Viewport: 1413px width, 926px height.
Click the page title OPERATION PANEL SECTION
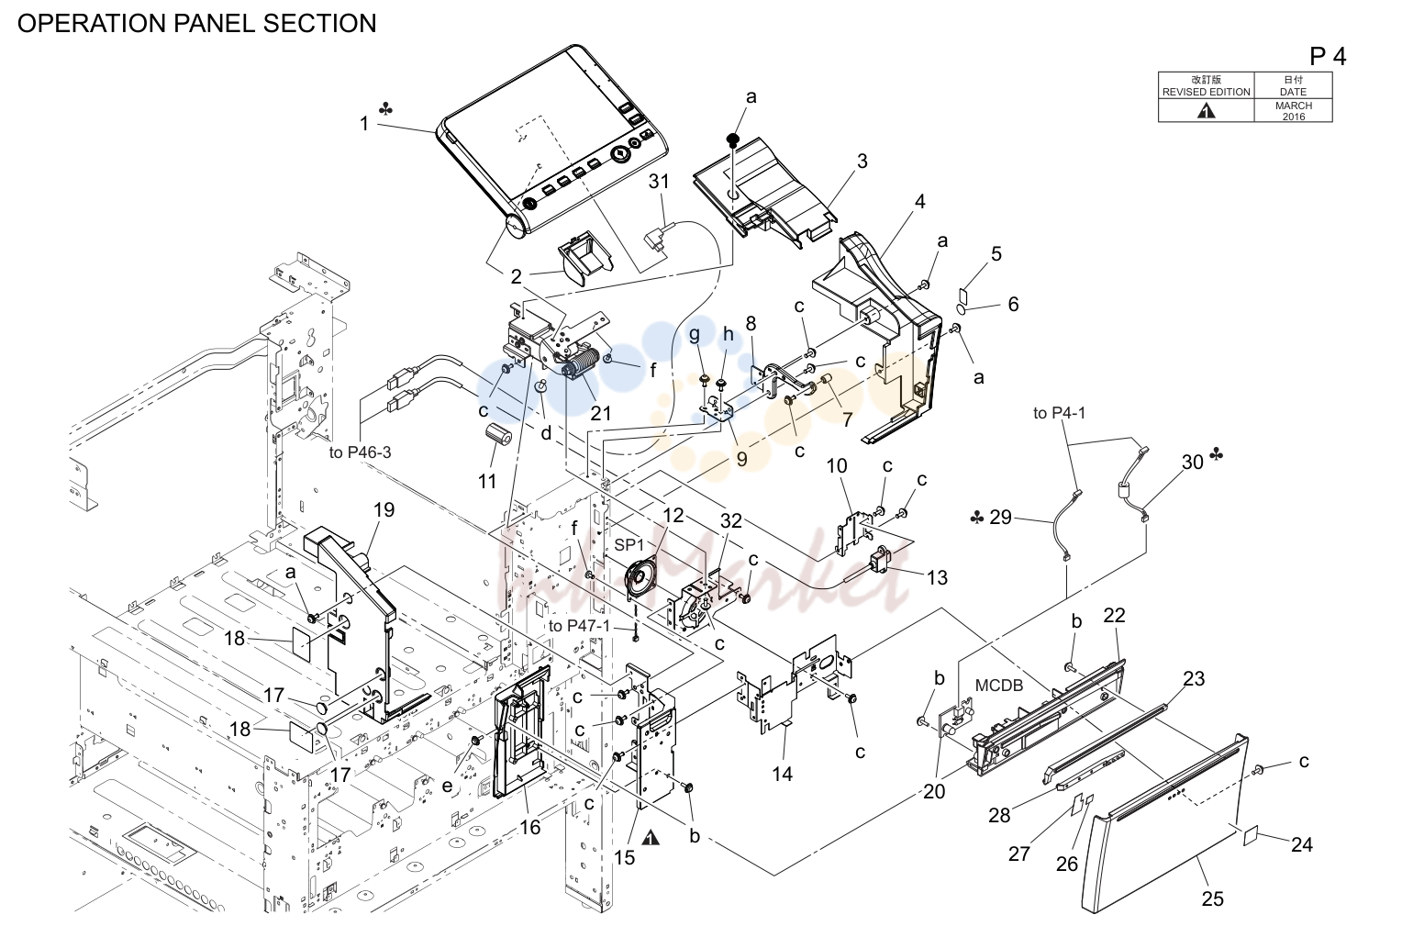(x=196, y=23)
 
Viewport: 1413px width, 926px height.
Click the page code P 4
(x=1328, y=58)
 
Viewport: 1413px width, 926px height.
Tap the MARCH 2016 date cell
(x=1293, y=110)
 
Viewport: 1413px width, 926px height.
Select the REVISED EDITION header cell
(x=1206, y=85)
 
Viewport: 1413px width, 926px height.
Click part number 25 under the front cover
(x=1212, y=898)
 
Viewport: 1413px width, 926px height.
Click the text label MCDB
(x=999, y=685)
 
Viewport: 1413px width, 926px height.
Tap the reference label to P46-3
(x=361, y=452)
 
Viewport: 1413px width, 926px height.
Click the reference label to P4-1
(x=1059, y=413)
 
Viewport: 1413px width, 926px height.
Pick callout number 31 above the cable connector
(x=659, y=181)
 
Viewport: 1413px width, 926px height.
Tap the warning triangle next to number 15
(x=651, y=838)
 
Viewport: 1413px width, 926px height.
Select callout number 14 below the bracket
(x=782, y=774)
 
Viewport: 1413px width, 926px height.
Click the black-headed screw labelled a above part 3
(x=732, y=140)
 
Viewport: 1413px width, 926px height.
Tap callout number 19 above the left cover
(x=384, y=509)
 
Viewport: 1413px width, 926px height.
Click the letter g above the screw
(x=695, y=334)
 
